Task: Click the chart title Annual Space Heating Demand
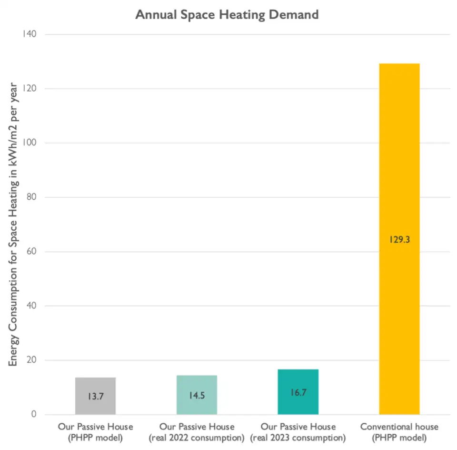pos(227,15)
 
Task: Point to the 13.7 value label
pos(95,397)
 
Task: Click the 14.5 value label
pos(197,395)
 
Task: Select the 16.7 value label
pos(298,393)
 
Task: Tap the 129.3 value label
pos(399,240)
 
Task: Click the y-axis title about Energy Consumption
pos(13,224)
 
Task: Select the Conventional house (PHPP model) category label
pos(399,432)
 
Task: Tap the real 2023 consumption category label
pos(298,432)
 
